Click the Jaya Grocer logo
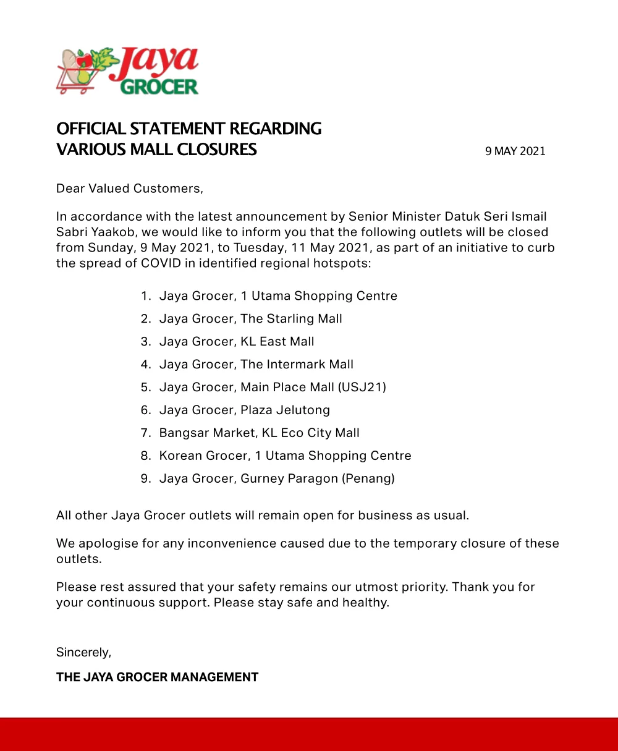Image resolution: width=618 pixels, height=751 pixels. (x=128, y=70)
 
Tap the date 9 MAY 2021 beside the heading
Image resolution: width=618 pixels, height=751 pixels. (x=515, y=151)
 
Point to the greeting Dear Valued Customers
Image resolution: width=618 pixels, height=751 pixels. (x=129, y=189)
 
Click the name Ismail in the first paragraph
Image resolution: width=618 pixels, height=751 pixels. (x=527, y=217)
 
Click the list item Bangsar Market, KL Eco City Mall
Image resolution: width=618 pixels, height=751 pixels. (x=259, y=433)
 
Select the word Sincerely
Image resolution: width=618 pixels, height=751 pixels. (x=83, y=652)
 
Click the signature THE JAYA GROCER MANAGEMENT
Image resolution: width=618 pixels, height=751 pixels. (x=157, y=677)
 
